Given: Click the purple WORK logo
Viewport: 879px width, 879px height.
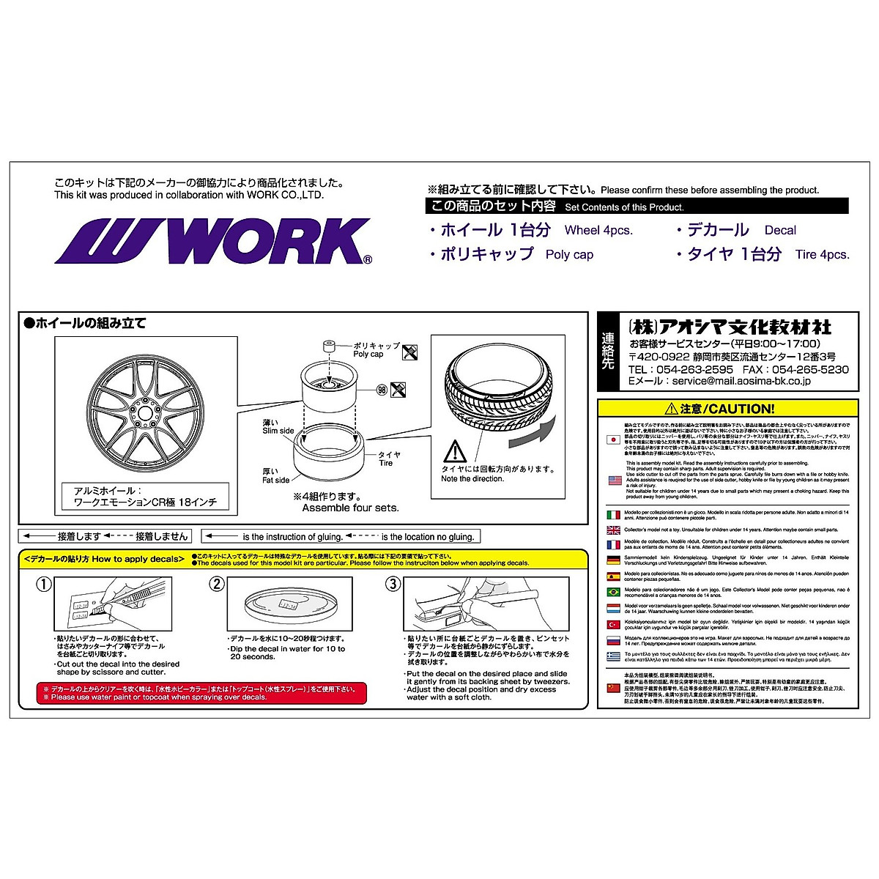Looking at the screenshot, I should click(x=212, y=241).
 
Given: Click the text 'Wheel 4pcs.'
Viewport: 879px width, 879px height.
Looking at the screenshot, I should click(x=598, y=230).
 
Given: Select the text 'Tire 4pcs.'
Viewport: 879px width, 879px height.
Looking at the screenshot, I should click(x=822, y=255).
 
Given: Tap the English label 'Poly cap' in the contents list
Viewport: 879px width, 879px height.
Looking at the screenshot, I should click(x=569, y=255).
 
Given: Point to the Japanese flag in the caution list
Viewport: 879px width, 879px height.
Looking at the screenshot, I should click(x=614, y=439).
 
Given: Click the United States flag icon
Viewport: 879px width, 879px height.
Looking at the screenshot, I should click(x=614, y=481).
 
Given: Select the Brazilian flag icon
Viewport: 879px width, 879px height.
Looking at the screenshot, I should click(x=614, y=592).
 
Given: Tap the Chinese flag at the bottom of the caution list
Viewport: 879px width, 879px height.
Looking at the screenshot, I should click(x=614, y=689).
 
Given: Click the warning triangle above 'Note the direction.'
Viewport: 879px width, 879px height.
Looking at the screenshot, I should click(x=455, y=450).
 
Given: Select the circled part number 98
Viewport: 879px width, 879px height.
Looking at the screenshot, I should click(x=381, y=389).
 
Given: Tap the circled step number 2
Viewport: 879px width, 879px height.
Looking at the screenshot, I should click(x=216, y=584).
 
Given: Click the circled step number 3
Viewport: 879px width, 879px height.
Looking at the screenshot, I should click(x=393, y=584).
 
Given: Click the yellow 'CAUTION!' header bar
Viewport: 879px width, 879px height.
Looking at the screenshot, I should click(x=727, y=409).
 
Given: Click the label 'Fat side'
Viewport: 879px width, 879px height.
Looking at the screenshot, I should click(x=276, y=481).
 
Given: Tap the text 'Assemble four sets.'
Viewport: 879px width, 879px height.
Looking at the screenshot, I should click(x=350, y=508).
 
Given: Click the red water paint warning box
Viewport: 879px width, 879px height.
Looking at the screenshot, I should click(x=201, y=693).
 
